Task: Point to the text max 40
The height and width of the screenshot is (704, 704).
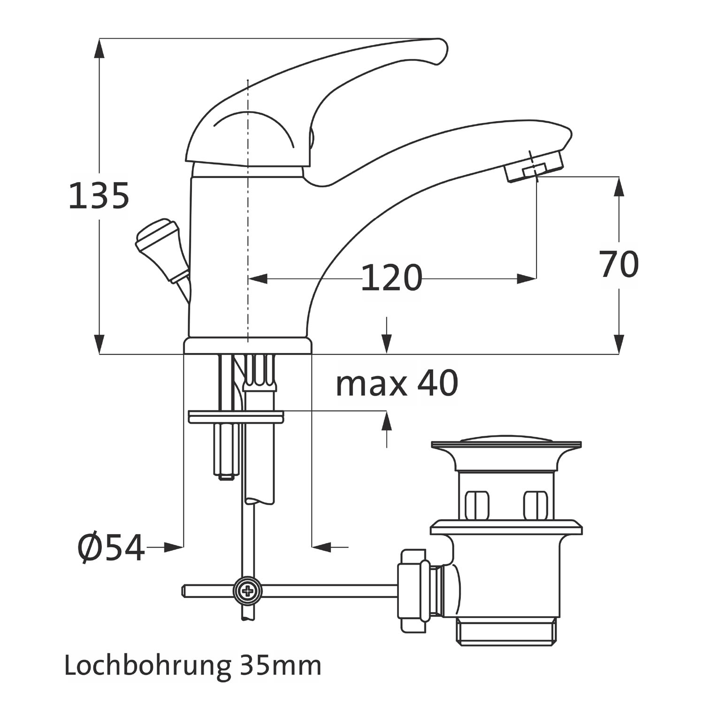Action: (x=397, y=383)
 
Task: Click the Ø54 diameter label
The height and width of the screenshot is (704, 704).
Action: (x=111, y=548)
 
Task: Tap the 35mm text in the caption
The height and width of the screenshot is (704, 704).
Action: (x=280, y=666)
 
